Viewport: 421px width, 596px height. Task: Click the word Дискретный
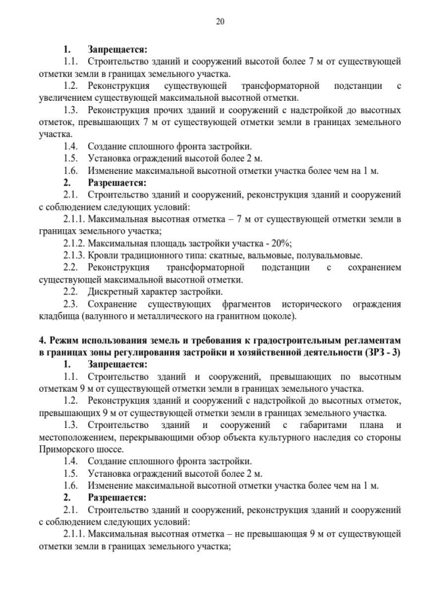(114, 291)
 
